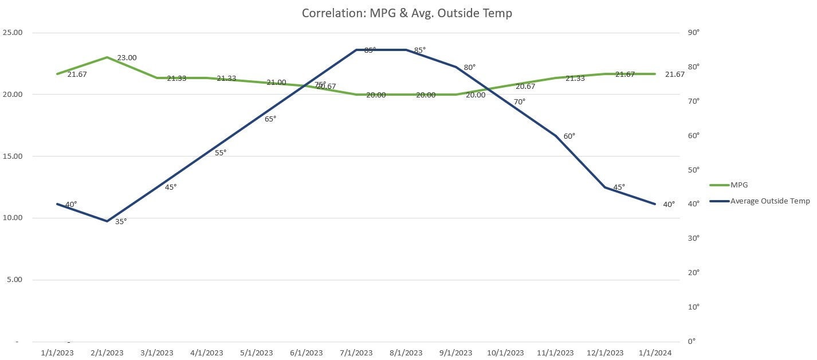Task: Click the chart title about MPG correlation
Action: pos(407,13)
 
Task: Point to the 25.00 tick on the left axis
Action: pos(12,33)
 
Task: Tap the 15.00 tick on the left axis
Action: pos(12,156)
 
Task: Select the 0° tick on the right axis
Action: pos(691,342)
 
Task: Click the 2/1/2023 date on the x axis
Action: pos(107,353)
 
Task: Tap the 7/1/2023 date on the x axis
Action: pos(356,353)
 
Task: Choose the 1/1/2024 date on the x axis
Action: pos(655,353)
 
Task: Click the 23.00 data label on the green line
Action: pos(127,58)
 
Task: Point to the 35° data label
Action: pos(121,221)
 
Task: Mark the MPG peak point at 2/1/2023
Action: pos(107,57)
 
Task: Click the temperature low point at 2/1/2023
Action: pos(107,221)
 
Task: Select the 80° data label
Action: pos(470,68)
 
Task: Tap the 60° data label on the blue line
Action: pos(569,136)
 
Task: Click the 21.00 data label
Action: pos(276,83)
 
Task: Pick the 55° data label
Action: pos(221,152)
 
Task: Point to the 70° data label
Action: pos(519,102)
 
